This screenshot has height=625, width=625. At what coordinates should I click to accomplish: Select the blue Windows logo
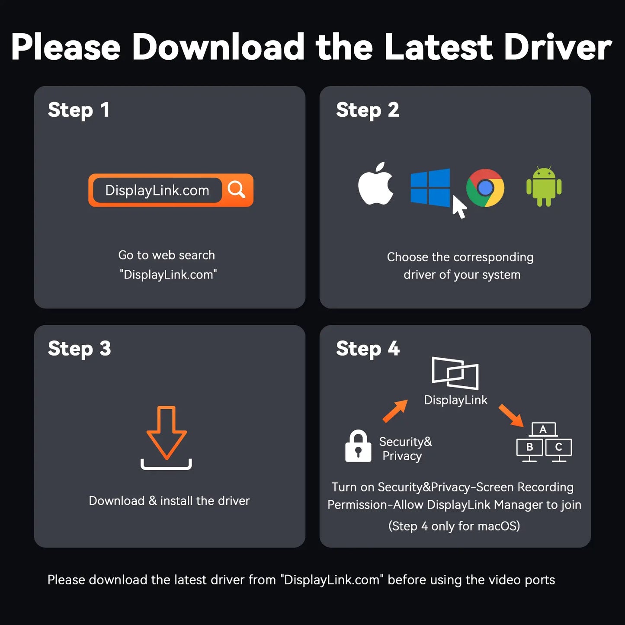[x=430, y=187]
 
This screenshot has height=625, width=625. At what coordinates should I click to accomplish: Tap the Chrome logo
[x=485, y=187]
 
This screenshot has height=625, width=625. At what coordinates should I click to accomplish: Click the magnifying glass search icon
[x=236, y=189]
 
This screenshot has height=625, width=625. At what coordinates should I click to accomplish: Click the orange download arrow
[x=167, y=433]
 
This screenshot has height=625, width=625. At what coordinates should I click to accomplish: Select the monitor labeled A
[x=543, y=429]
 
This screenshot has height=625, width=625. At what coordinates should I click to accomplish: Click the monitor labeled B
[x=529, y=449]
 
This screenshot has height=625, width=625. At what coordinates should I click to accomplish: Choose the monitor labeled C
[x=558, y=449]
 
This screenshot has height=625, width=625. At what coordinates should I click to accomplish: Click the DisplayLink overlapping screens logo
[x=455, y=373]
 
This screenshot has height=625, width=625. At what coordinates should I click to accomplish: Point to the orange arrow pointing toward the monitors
[x=511, y=416]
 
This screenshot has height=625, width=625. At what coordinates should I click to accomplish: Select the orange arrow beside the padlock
[x=395, y=411]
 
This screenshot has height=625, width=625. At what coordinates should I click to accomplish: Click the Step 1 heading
[x=78, y=110]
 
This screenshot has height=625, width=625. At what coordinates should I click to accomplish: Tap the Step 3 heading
[x=80, y=349]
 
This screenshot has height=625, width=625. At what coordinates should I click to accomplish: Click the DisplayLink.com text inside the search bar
[x=157, y=190]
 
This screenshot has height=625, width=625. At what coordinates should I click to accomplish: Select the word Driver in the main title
[x=558, y=47]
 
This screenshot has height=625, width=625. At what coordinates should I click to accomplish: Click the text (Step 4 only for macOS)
[x=454, y=526]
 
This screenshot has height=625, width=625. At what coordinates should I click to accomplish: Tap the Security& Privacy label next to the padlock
[x=405, y=449]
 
